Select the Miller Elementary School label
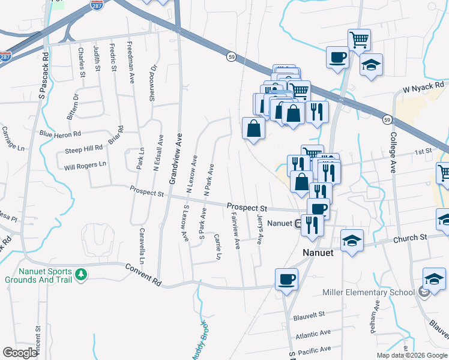(x=368, y=292)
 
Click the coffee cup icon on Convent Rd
(x=286, y=279)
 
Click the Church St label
(x=410, y=238)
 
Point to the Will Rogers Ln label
(x=85, y=164)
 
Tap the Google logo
(x=20, y=353)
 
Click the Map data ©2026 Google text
(x=412, y=355)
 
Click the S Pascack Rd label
(x=42, y=75)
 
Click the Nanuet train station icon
(x=298, y=224)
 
